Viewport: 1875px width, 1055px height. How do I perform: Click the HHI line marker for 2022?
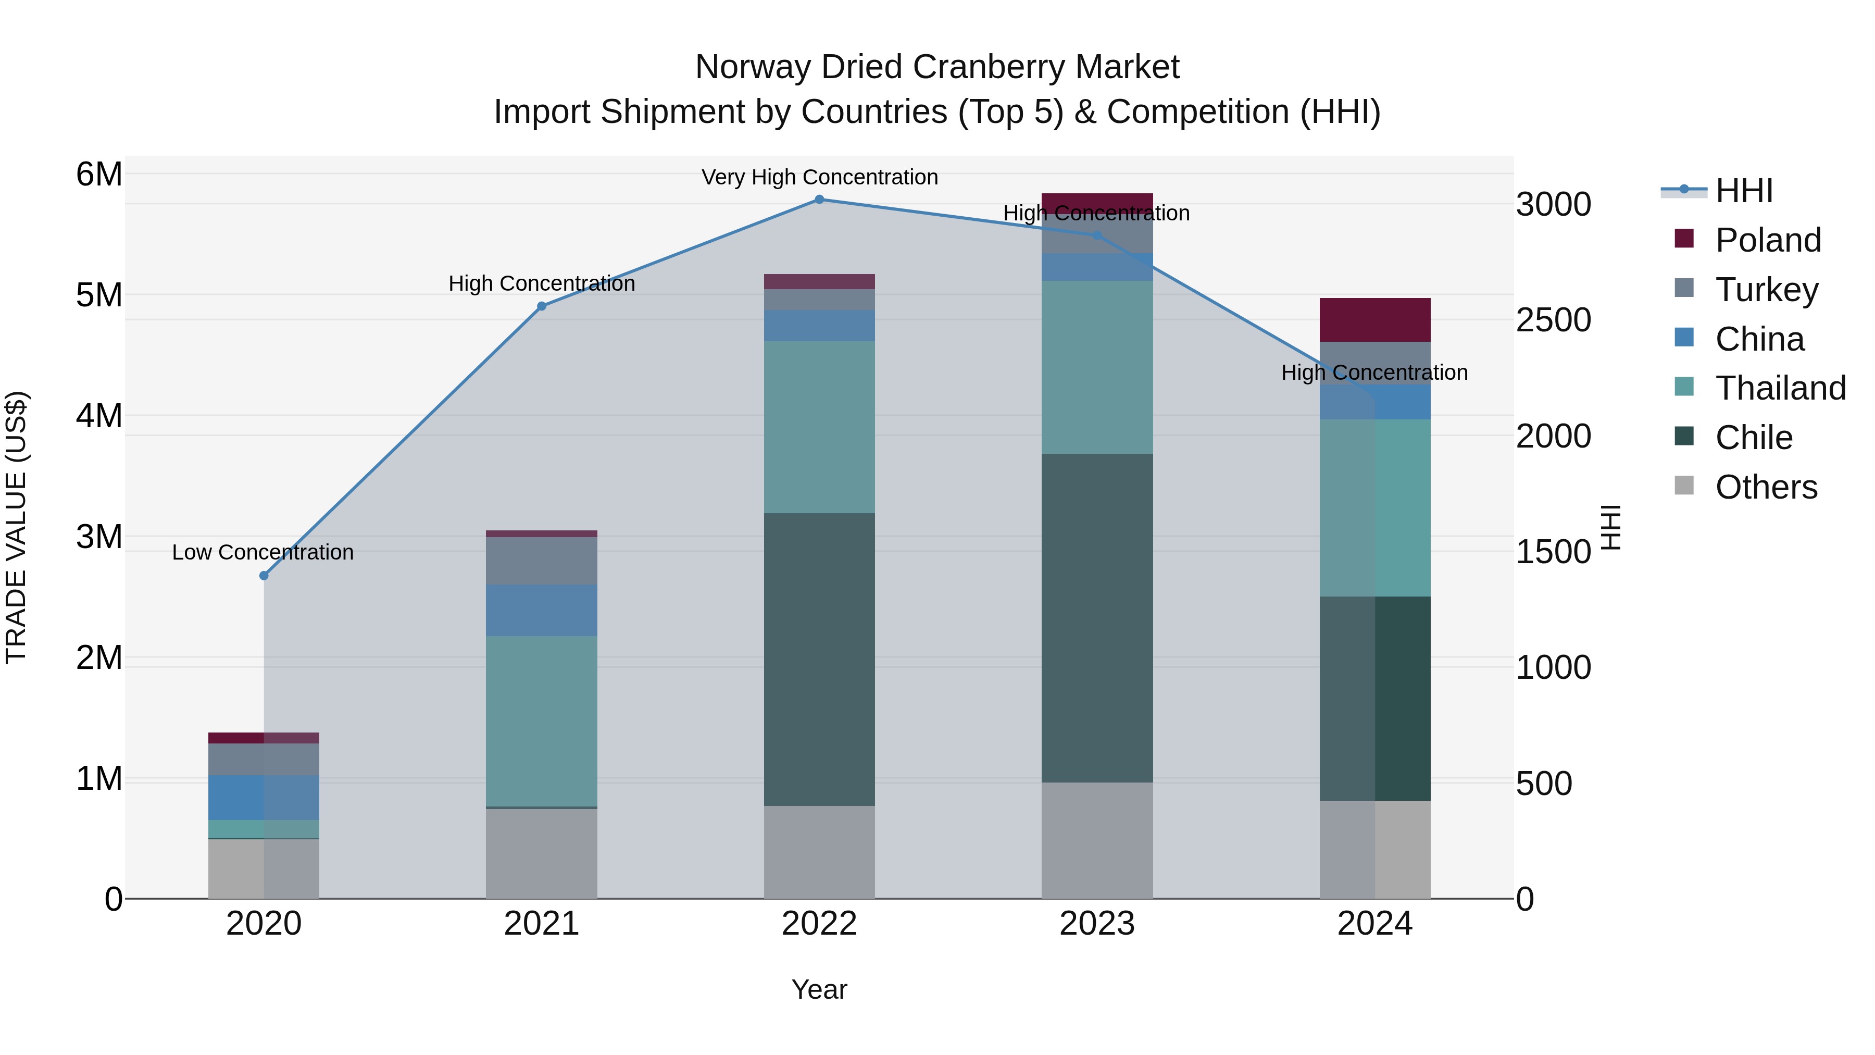[819, 200]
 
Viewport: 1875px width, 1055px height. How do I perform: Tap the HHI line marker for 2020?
[264, 575]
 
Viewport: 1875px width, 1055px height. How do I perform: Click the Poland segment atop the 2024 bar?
[1375, 320]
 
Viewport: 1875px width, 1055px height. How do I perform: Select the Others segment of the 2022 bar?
[819, 851]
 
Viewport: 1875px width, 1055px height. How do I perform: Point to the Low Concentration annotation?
[263, 553]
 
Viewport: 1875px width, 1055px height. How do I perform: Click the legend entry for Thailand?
[1780, 388]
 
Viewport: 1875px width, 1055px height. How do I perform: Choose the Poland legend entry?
[1767, 240]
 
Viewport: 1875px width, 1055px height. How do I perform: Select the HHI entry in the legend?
[1743, 191]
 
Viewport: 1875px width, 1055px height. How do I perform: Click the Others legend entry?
[1765, 487]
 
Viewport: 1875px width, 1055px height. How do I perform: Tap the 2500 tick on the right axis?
[1553, 320]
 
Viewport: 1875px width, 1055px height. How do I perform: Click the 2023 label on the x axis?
[1097, 924]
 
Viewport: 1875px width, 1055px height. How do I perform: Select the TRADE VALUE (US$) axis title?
[17, 527]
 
